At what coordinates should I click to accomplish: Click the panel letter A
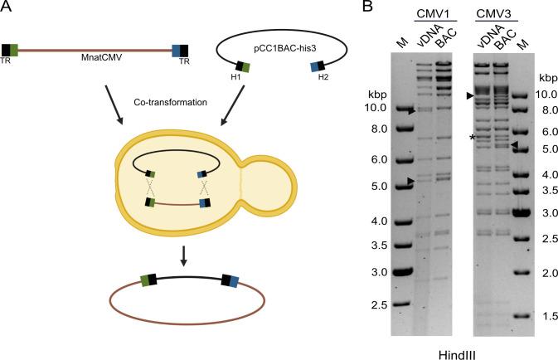pos(7,10)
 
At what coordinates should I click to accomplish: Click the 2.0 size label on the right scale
pos(542,273)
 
